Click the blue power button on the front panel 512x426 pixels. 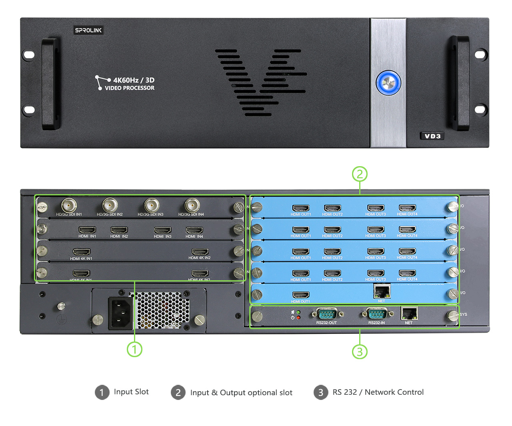(388, 83)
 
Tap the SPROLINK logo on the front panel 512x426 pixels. (88, 30)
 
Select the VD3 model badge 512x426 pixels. (432, 136)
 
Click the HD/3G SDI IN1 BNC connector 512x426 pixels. (69, 206)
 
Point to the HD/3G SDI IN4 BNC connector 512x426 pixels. (192, 205)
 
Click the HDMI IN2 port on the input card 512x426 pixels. (119, 230)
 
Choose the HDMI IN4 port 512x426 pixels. (194, 230)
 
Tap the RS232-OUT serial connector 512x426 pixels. (327, 314)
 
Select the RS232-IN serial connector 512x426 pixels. (376, 314)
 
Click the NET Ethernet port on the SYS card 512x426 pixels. (409, 313)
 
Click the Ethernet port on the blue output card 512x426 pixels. (382, 291)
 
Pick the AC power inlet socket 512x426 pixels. (120, 313)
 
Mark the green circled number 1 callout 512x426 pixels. (134, 349)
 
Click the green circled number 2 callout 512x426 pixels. (360, 174)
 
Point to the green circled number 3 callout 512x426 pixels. (360, 352)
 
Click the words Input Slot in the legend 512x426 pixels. (131, 392)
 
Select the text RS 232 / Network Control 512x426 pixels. (378, 392)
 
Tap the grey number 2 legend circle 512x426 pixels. (178, 392)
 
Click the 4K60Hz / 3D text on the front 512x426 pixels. (134, 80)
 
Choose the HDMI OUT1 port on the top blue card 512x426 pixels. (301, 208)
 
